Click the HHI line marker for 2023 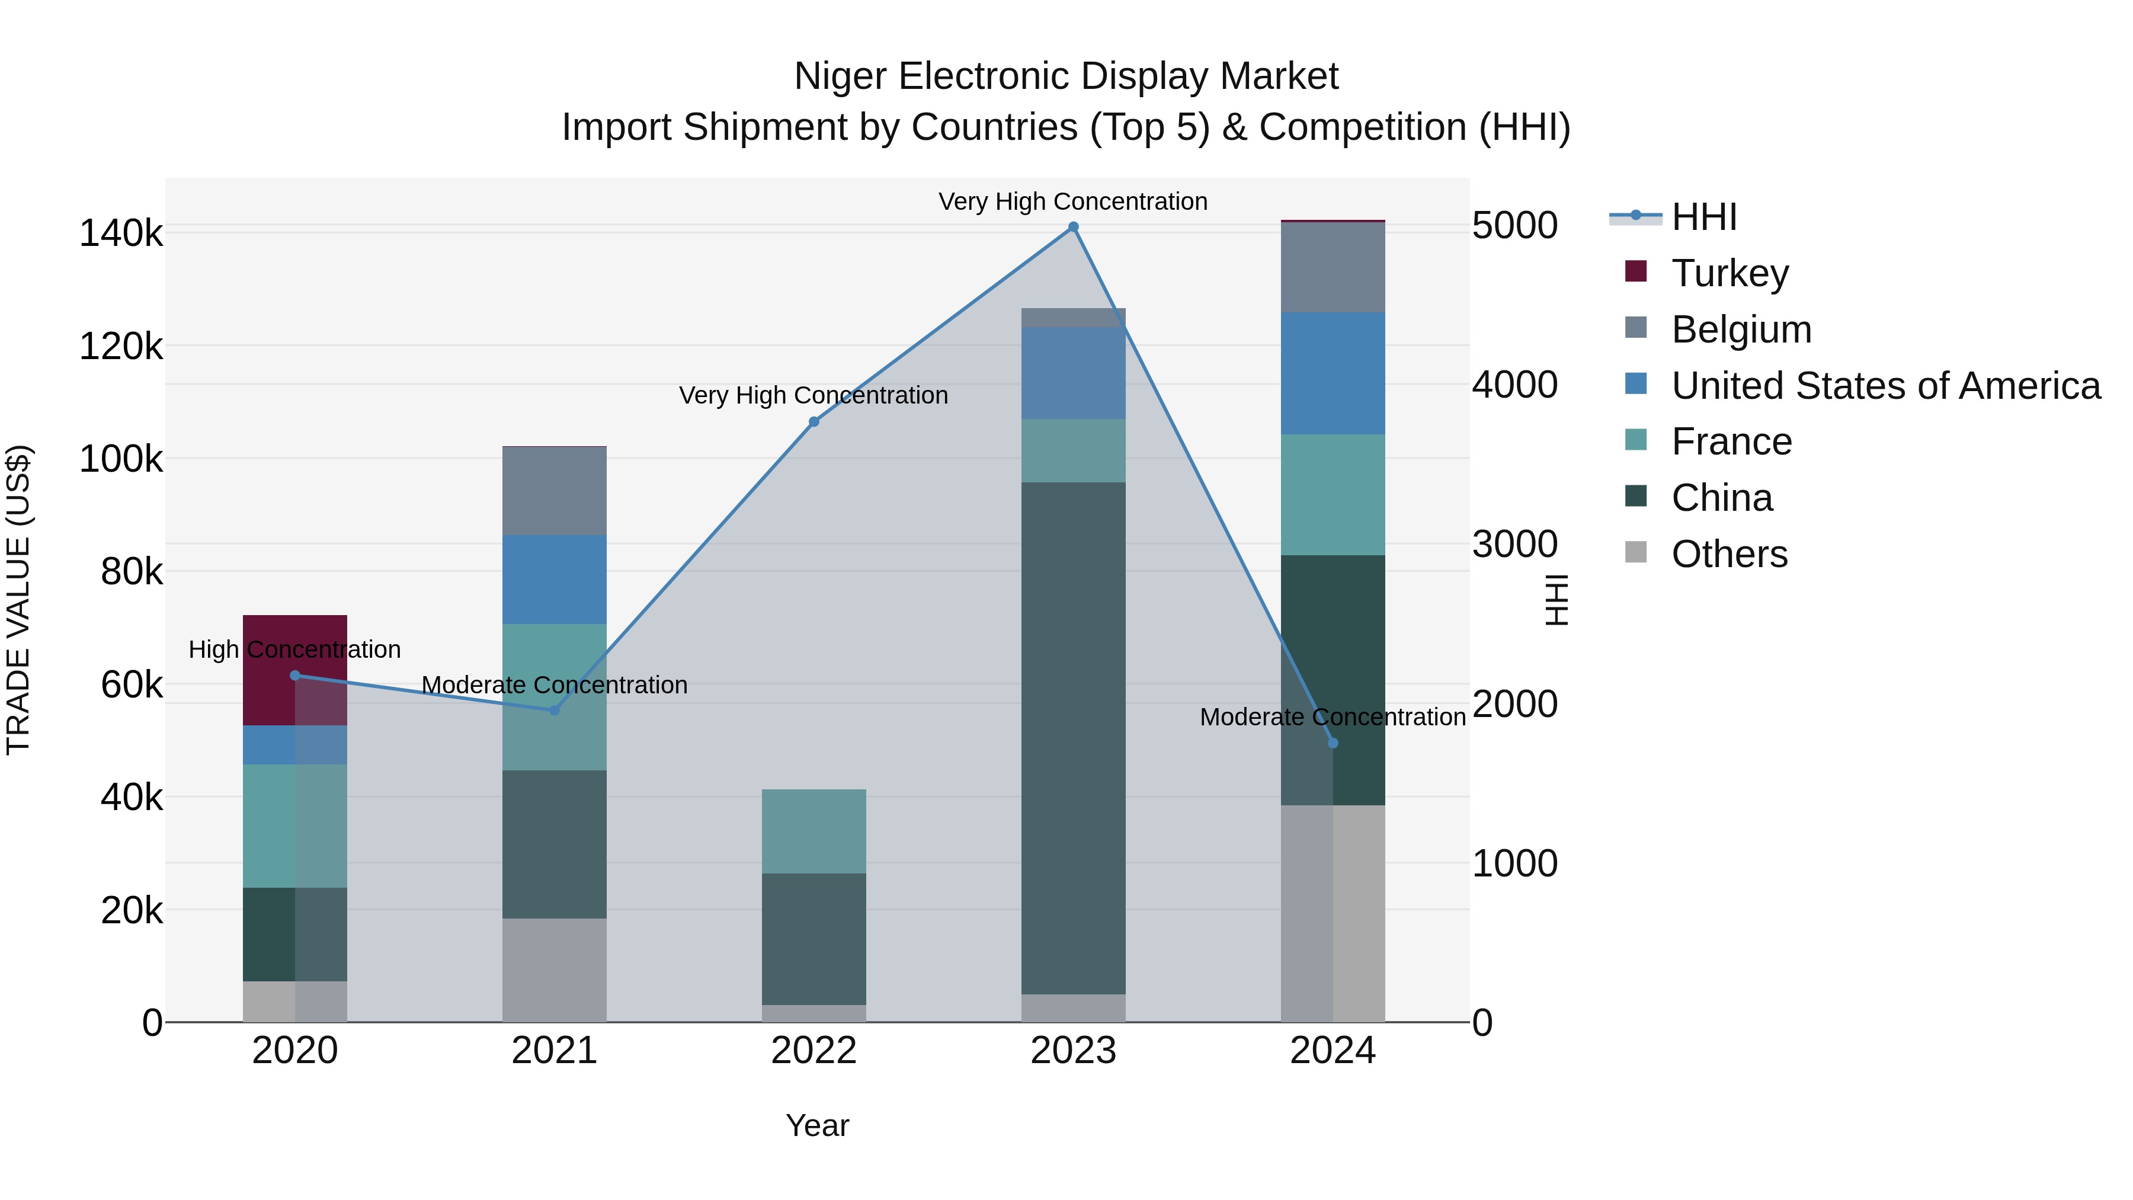click(1073, 227)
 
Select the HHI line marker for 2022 click(814, 421)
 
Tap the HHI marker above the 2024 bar click(1333, 743)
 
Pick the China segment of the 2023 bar click(1073, 737)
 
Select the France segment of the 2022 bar click(814, 831)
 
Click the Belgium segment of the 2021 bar click(555, 491)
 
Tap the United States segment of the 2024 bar click(1333, 373)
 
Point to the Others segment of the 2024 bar click(1333, 913)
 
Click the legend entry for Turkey click(1730, 273)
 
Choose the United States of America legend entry click(1885, 386)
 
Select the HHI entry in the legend click(1704, 217)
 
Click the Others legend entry click(1729, 554)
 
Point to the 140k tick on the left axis click(121, 233)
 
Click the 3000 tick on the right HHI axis click(1514, 544)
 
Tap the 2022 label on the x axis click(814, 1051)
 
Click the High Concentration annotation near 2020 click(295, 649)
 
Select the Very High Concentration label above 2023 click(1073, 201)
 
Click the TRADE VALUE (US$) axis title click(18, 600)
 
